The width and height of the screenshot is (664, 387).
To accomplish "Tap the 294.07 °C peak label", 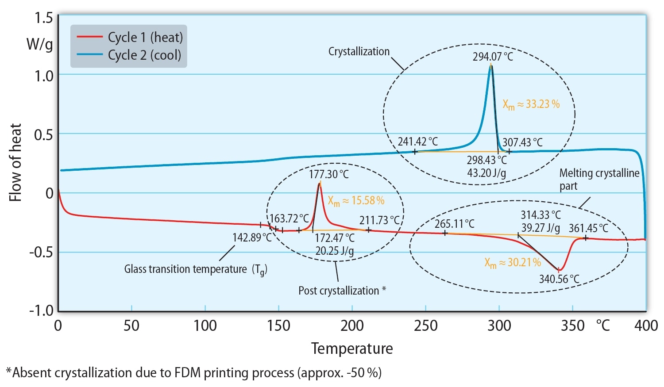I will pos(493,57).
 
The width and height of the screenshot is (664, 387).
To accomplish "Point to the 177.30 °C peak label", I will pos(329,174).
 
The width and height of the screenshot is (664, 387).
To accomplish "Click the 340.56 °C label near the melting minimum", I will pos(559,279).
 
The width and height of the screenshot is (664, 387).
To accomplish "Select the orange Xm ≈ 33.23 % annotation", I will pos(531,104).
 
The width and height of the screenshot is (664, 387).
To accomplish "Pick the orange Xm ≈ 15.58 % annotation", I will pos(356,201).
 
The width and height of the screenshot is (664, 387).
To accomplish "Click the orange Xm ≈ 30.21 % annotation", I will pos(513,263).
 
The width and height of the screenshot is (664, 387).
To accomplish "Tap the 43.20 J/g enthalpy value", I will pos(486,172).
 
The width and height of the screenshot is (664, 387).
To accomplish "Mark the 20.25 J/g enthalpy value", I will pos(335,251).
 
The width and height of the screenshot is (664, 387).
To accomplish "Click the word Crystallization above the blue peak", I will pos(359,52).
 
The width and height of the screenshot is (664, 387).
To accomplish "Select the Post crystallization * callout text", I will pos(342,291).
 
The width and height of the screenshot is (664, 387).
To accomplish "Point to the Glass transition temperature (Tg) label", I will pos(196,269).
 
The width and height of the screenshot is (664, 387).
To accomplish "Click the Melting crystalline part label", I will pos(599,179).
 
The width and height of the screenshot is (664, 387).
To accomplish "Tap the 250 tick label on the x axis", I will pos(426,326).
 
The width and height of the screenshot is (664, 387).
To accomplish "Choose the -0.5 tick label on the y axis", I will pos(41,252).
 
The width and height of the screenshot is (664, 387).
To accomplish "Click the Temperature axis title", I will pos(352,349).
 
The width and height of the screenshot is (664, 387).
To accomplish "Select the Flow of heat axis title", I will pos(15,163).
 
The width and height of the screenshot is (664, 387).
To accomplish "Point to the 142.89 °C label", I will pos(252,238).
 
